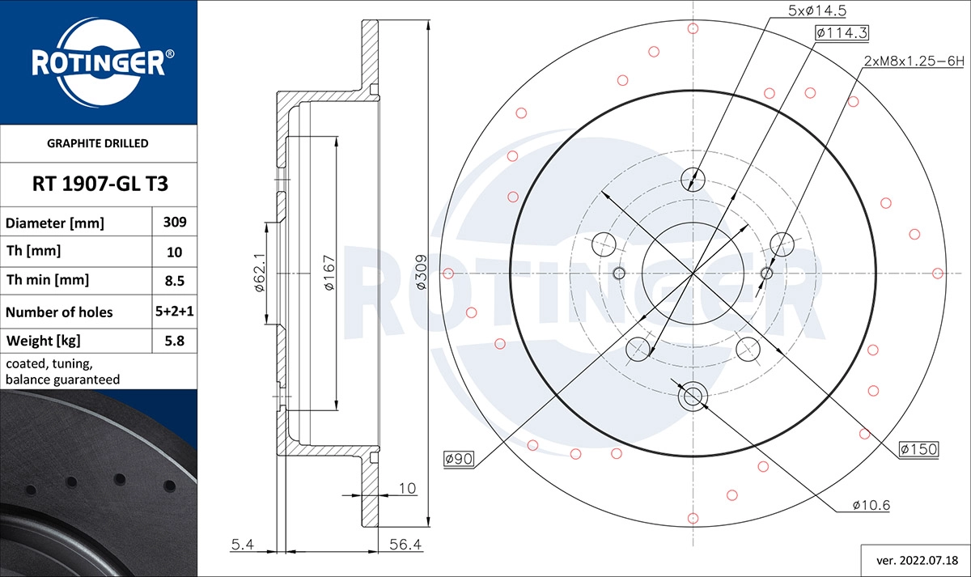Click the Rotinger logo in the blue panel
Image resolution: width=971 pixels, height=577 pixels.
99,63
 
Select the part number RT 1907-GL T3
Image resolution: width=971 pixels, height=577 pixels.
100,184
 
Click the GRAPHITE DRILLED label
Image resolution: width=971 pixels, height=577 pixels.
99,143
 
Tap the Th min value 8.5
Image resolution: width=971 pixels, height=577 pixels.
175,281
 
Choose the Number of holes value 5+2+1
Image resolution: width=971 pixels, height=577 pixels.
175,312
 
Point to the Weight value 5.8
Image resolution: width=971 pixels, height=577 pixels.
175,342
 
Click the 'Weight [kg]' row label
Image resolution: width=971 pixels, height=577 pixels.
43,342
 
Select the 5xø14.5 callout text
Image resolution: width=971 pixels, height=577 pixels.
816,11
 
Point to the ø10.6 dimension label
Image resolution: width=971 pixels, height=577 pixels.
871,505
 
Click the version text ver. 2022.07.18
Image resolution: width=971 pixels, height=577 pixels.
912,559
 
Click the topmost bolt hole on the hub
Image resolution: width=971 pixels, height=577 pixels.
693,178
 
